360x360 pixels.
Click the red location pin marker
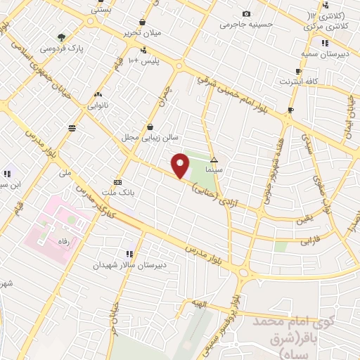point(181,165)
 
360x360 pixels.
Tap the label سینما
point(214,170)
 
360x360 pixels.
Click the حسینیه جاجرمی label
point(245,25)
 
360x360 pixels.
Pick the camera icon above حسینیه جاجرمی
point(246,14)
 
